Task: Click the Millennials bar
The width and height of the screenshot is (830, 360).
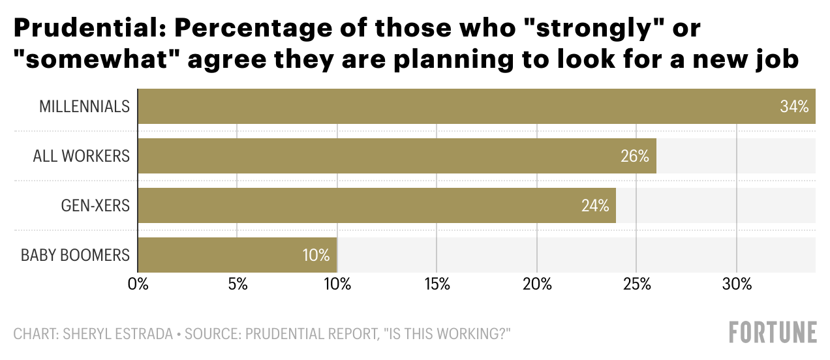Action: [457, 106]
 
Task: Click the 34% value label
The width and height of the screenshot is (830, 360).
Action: [794, 106]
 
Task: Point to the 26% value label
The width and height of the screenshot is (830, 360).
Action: [635, 156]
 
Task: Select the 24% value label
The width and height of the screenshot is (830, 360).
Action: [595, 205]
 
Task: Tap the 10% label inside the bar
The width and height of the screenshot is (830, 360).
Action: [316, 255]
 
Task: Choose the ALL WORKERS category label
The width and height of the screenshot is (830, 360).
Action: [82, 156]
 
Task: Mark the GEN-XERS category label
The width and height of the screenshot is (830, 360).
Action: [95, 205]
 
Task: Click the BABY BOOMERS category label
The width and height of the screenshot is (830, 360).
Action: [75, 255]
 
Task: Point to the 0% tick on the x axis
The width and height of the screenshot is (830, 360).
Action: [138, 284]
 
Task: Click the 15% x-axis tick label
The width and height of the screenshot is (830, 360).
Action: [437, 284]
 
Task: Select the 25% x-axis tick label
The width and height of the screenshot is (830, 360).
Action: [636, 284]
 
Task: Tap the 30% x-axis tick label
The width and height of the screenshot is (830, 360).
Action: [736, 284]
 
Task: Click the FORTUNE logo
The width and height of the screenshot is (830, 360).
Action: [773, 332]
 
